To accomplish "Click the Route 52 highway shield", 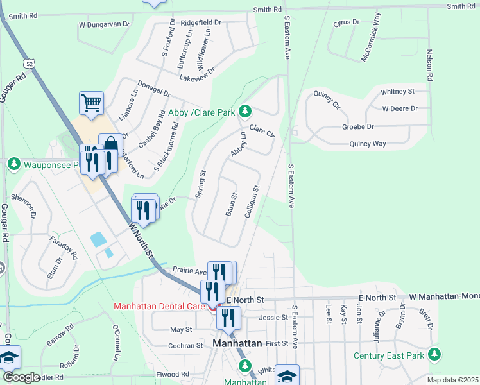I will point(30,63).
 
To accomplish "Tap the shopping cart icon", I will point(92,103).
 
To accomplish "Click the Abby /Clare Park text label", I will point(201,112).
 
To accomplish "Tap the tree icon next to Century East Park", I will point(435,354).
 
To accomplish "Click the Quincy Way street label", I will point(368,144).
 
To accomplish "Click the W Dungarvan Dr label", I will point(104,24).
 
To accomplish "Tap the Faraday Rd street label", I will point(64,246).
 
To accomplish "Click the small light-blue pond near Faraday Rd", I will point(99,240).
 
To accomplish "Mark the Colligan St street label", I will point(251,201).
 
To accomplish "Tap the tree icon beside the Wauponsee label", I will point(14,165).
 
